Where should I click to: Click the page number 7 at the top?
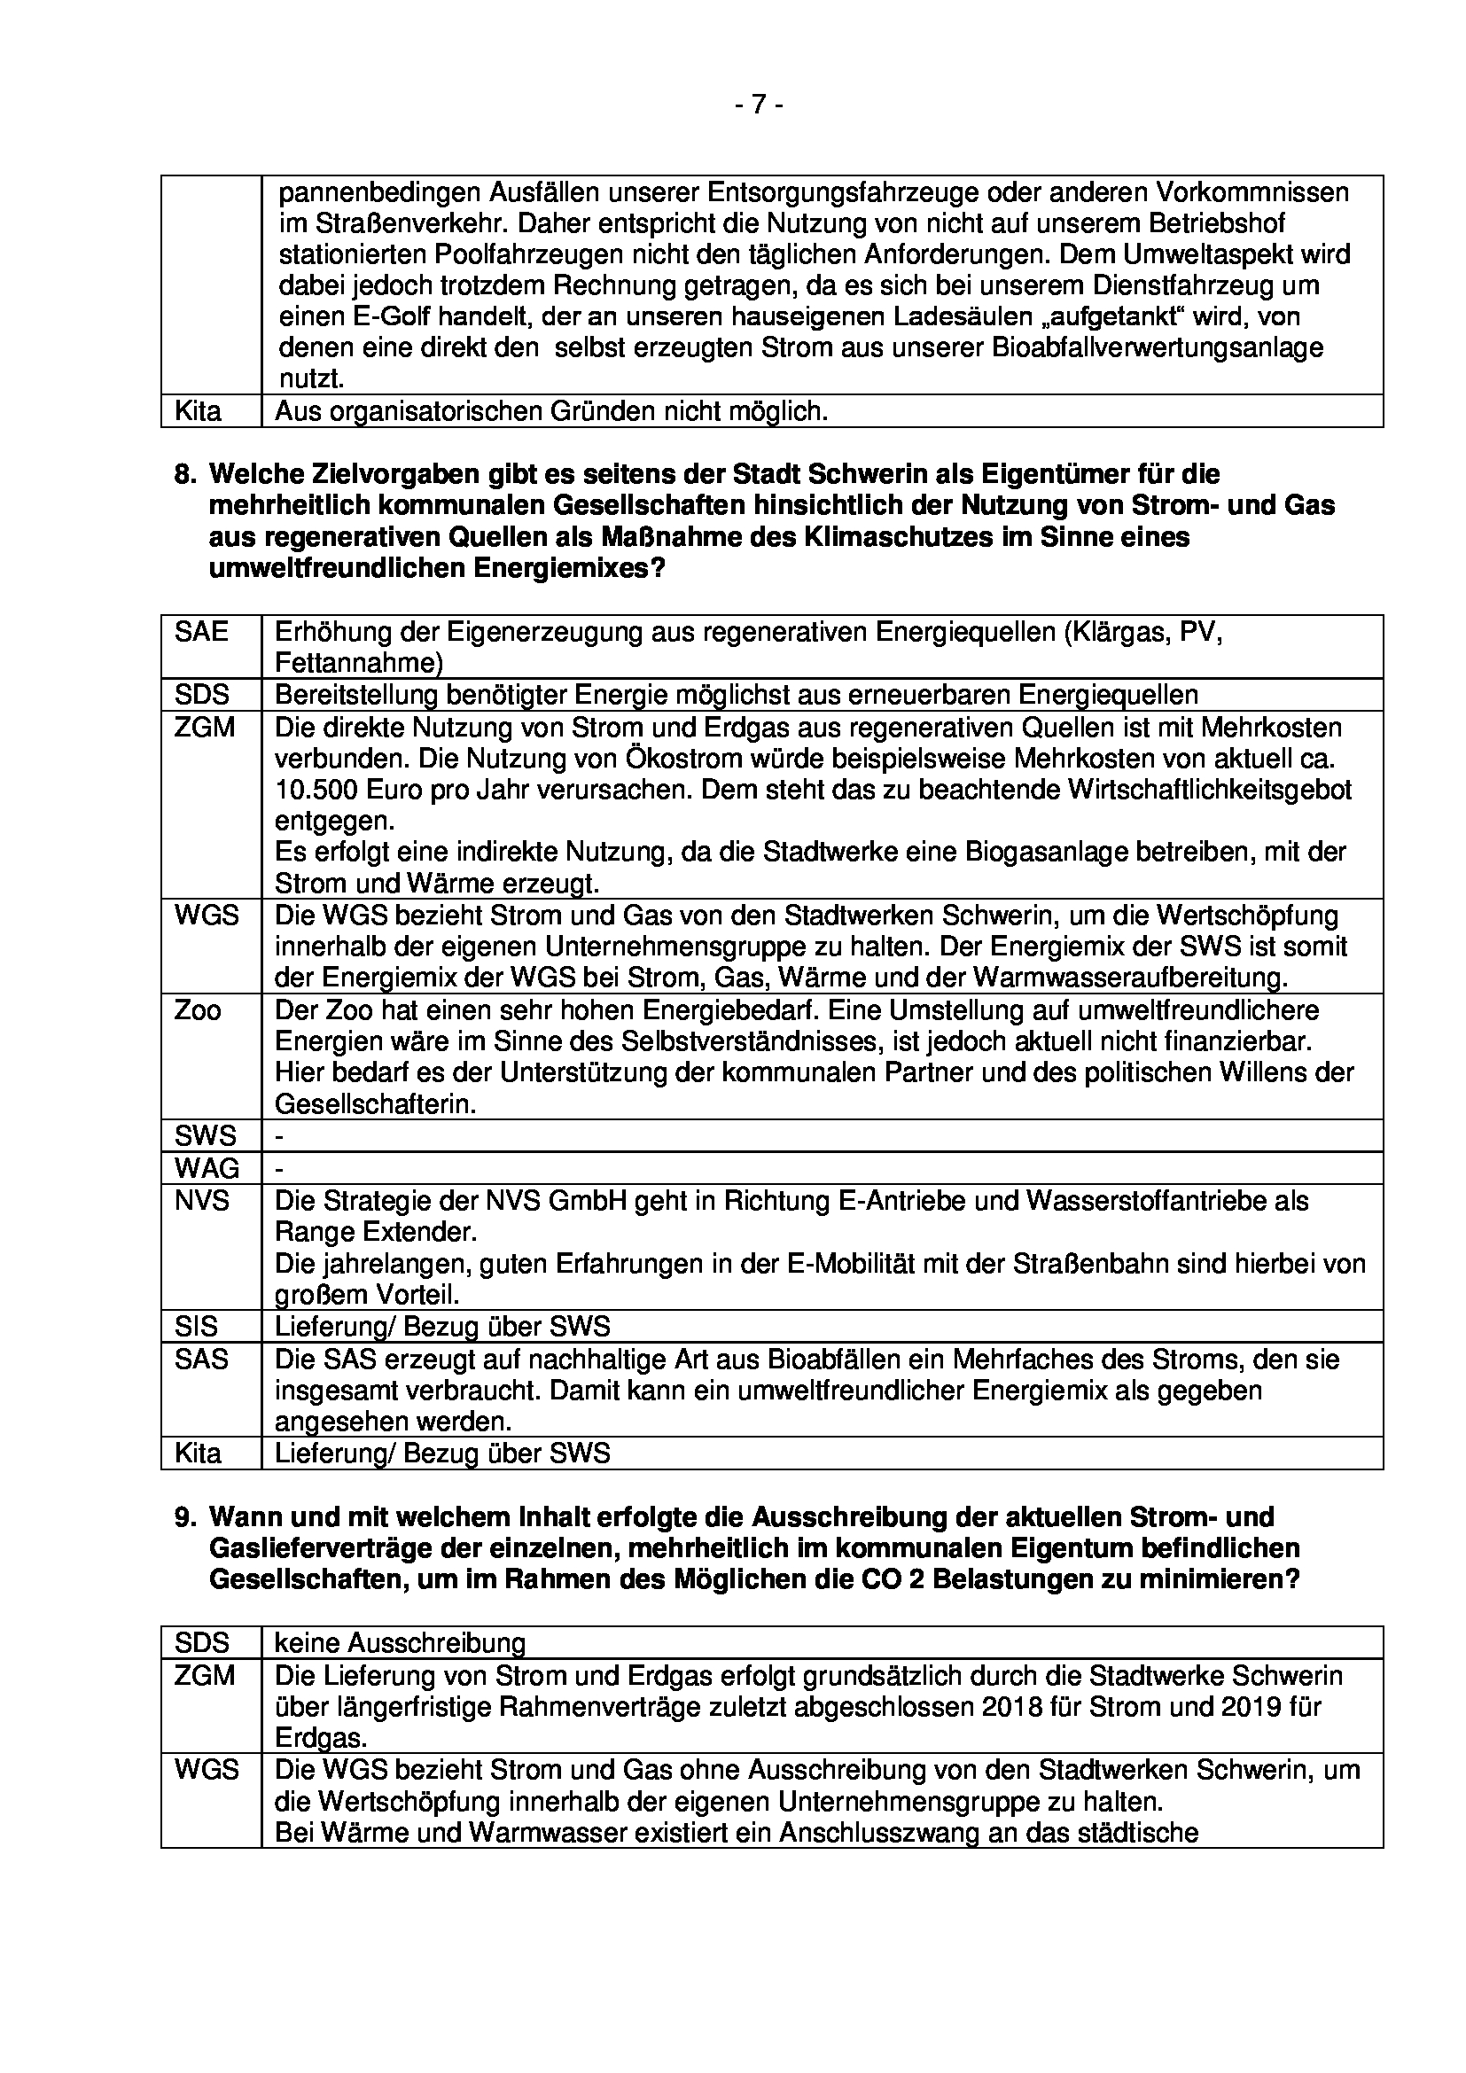tap(759, 105)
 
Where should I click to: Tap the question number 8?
tap(184, 474)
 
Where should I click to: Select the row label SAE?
tap(201, 631)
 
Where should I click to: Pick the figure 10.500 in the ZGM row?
tap(316, 790)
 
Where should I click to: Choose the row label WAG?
tap(207, 1168)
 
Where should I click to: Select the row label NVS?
tap(202, 1201)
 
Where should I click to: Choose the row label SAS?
tap(201, 1359)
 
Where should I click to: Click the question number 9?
tap(184, 1516)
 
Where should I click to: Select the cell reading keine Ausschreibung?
tap(400, 1642)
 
